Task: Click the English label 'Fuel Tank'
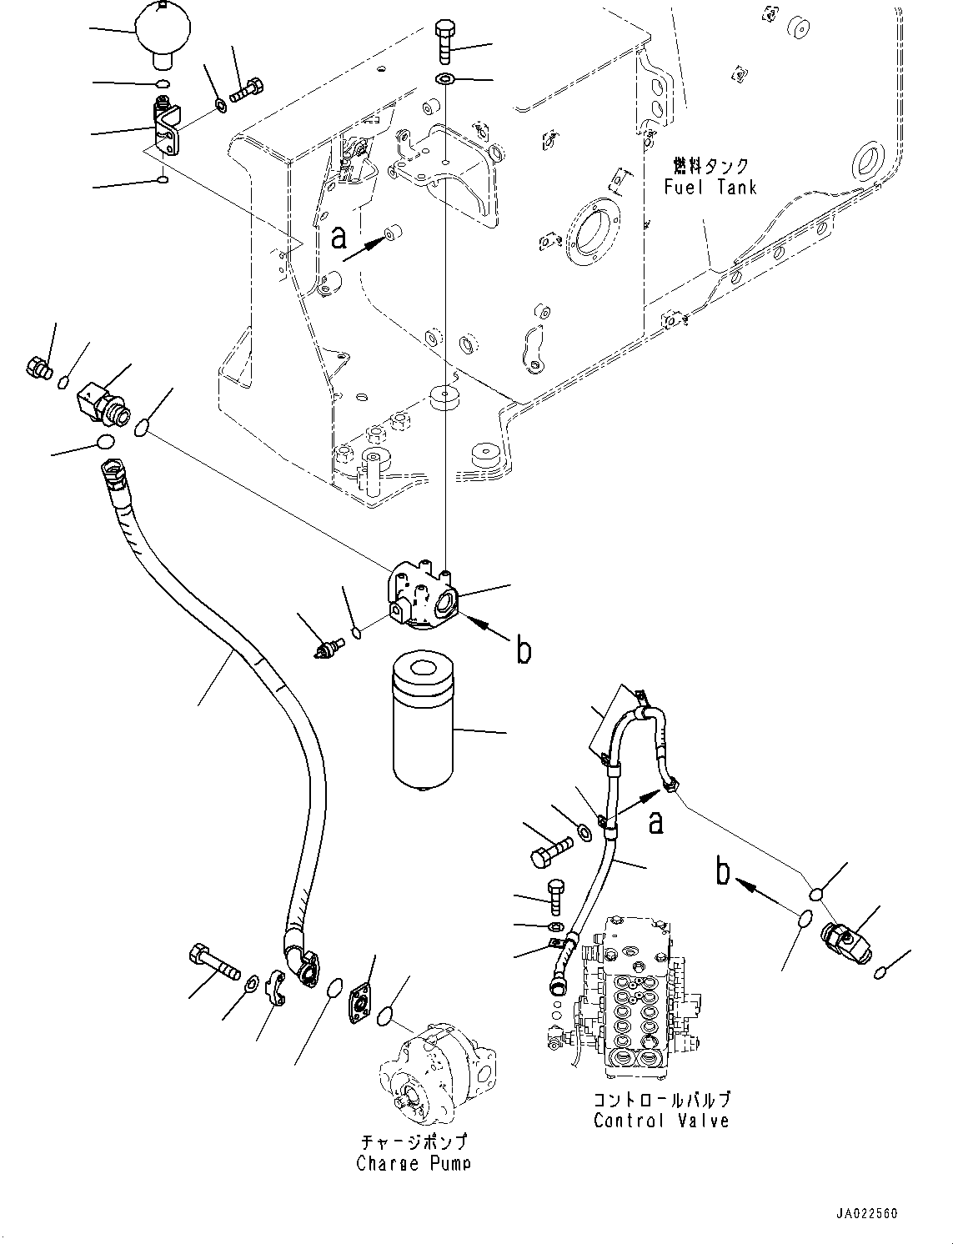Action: (x=710, y=187)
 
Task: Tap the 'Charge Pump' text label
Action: (x=413, y=1162)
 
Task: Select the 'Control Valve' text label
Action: (x=661, y=1121)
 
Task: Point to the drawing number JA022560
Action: (x=865, y=1214)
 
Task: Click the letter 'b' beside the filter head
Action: (x=523, y=650)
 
